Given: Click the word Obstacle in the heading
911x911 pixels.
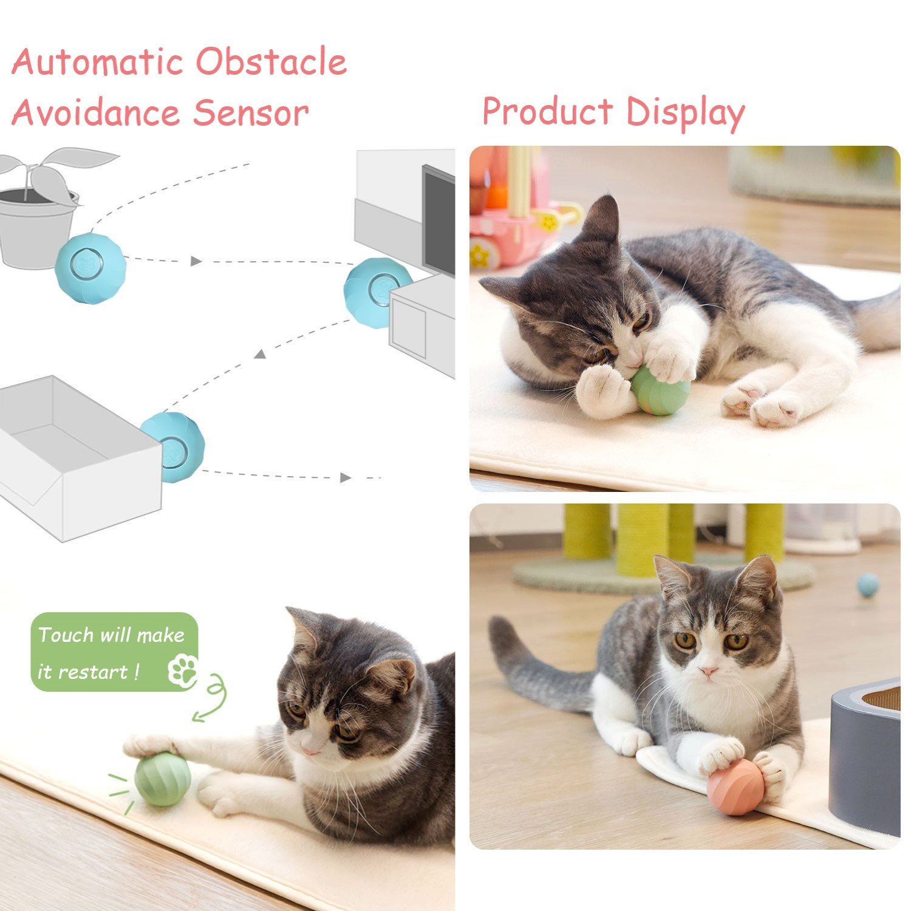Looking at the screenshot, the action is click(271, 61).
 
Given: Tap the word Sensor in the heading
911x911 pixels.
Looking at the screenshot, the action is click(251, 112).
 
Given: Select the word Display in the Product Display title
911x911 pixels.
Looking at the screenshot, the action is click(685, 113).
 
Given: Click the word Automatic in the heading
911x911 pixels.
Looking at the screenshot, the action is click(97, 61).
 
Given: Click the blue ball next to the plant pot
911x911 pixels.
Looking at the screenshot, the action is click(90, 268).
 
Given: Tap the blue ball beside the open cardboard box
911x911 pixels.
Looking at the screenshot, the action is click(174, 448).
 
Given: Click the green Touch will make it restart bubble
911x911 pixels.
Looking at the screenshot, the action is click(115, 652).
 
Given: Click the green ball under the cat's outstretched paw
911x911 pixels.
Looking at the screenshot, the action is click(163, 779).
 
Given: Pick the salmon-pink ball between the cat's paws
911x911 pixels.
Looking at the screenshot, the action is click(735, 786).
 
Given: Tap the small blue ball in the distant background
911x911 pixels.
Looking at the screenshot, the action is click(868, 584).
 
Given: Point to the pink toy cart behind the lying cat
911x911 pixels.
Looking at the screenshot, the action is click(521, 219).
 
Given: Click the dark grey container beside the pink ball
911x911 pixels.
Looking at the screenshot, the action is click(865, 757).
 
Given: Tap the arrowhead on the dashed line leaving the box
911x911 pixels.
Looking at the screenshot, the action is click(346, 478).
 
